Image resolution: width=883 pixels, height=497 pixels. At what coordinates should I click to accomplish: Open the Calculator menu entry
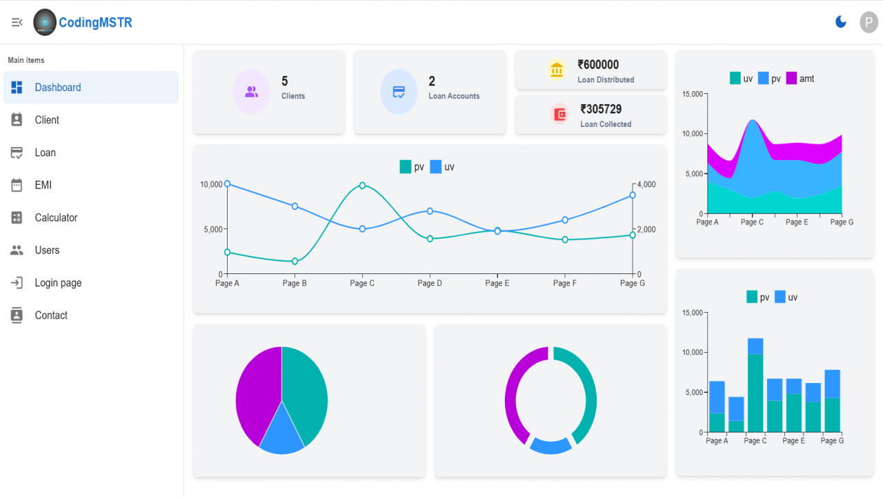point(56,217)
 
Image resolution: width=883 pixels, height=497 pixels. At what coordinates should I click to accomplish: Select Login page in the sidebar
point(58,283)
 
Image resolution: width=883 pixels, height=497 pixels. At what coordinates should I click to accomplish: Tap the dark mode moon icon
point(840,21)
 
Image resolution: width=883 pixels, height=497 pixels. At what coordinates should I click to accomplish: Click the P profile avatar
point(869,22)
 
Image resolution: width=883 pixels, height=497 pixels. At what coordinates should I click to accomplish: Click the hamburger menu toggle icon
point(17,23)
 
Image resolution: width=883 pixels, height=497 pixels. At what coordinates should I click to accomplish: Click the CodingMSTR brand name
point(95,23)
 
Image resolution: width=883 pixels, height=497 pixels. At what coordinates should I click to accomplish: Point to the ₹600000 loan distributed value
point(598,65)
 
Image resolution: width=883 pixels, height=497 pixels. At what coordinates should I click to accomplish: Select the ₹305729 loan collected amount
point(601,109)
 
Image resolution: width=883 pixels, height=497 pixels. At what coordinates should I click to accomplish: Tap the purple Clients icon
point(252,92)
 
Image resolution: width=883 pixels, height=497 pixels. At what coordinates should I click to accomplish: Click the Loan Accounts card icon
point(399,92)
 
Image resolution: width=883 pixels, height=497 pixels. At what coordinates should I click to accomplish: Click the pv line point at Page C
point(362,186)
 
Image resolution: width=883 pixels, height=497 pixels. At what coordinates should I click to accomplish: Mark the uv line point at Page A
point(227,184)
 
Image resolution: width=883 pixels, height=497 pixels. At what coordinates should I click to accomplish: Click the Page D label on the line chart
point(430,283)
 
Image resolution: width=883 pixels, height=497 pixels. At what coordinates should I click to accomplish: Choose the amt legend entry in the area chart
point(800,79)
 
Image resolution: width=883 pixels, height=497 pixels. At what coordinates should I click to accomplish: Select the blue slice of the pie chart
point(282,433)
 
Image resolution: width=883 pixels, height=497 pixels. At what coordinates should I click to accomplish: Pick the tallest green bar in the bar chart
point(755,393)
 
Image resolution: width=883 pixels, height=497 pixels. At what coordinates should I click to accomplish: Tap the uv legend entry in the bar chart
point(786,297)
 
